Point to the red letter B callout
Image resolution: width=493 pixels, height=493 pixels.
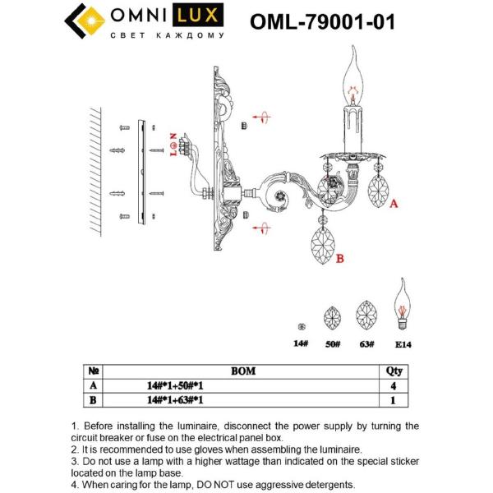point(339,259)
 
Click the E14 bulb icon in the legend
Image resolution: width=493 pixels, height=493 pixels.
point(403,306)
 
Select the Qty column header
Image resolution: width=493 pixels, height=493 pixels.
point(394,371)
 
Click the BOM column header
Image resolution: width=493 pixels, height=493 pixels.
point(244,371)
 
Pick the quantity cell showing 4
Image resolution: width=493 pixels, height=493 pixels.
point(394,385)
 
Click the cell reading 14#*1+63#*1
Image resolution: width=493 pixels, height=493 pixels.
point(175,399)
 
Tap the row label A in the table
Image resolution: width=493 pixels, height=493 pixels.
point(93,385)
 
